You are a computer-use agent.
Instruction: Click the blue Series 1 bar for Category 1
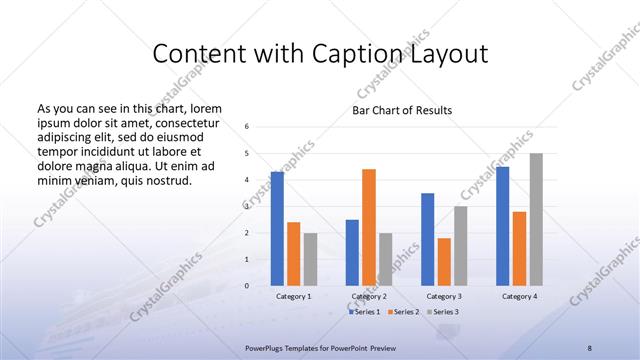(x=277, y=229)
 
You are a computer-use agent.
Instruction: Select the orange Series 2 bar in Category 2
(x=369, y=227)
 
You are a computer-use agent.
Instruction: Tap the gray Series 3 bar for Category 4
(x=536, y=219)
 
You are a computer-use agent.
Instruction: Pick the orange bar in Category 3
(x=444, y=262)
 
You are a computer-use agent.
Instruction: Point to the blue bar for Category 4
(x=502, y=226)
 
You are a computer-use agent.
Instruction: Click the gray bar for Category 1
(x=310, y=259)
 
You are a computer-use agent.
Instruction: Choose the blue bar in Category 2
(x=352, y=252)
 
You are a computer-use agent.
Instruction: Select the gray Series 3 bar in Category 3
(x=460, y=246)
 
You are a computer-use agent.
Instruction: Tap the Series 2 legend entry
(x=403, y=313)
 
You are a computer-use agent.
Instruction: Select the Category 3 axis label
(x=444, y=297)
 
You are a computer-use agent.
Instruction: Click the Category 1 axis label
(x=294, y=297)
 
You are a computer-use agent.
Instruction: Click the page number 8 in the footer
(x=590, y=346)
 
